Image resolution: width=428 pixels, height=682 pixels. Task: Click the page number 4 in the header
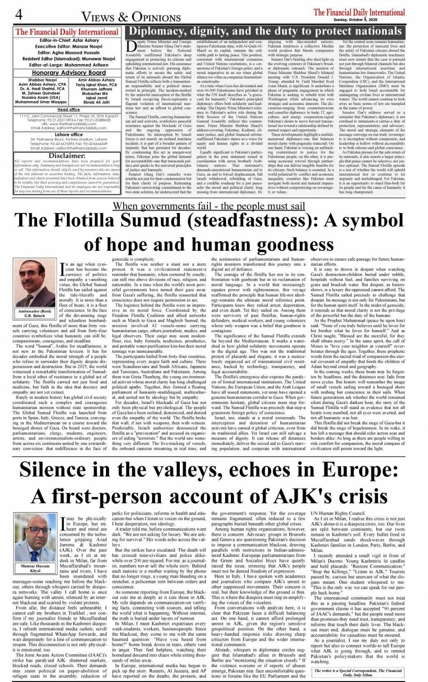pos(19,15)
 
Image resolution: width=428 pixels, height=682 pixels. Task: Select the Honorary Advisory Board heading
pos(69,73)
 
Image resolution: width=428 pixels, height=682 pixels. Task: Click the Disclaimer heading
pos(67,156)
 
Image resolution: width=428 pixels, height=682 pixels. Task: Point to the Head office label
pos(68,109)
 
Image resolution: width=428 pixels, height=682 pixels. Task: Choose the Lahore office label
pos(68,135)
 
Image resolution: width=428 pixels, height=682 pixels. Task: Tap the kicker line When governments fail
pos(209,206)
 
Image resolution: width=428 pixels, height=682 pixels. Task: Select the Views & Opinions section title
pos(131,17)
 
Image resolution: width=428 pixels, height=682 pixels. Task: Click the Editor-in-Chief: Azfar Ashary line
pos(67,41)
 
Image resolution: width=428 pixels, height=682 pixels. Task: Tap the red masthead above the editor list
pos(67,32)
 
